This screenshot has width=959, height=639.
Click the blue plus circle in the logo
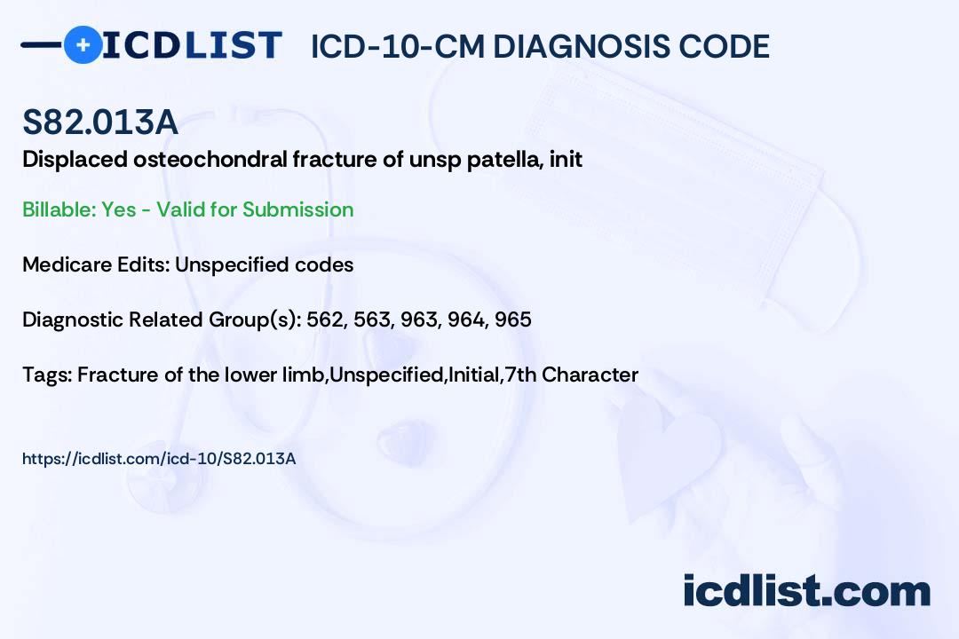point(83,45)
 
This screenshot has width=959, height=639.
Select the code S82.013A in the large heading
point(100,122)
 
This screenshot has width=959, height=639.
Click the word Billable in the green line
point(59,209)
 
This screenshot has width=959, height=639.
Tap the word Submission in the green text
point(297,209)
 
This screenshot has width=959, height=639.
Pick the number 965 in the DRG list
point(513,319)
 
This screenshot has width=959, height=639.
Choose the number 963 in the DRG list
point(419,319)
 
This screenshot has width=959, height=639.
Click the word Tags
point(46,375)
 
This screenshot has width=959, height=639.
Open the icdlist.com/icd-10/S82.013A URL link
point(159,459)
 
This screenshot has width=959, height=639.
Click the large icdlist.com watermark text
point(806,591)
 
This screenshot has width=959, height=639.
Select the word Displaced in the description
point(75,160)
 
